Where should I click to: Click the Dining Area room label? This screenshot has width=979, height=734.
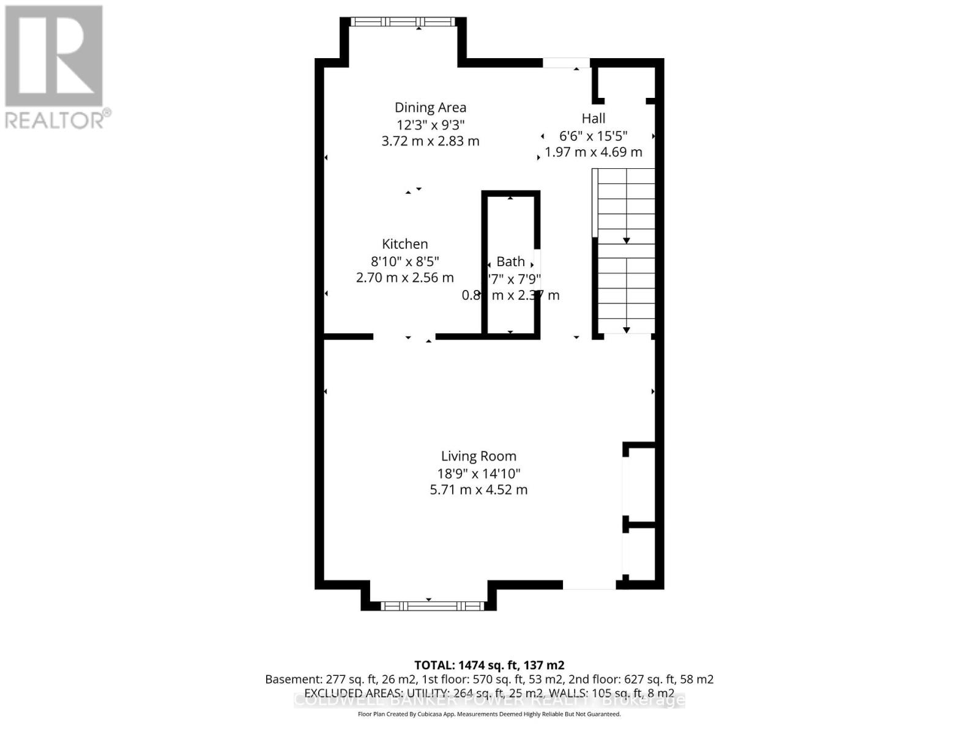[x=430, y=108]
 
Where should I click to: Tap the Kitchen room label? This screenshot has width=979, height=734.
[x=404, y=244]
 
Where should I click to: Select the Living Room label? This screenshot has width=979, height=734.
[x=478, y=456]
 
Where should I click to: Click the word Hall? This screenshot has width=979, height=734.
[x=593, y=119]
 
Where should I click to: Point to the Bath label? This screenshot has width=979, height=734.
[x=510, y=262]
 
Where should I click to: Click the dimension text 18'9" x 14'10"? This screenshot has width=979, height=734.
[x=478, y=473]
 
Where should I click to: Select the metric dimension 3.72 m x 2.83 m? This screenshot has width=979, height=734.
[x=430, y=141]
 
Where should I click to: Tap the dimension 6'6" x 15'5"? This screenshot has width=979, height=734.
[x=593, y=136]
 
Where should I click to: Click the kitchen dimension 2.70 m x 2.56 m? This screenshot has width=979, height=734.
[x=404, y=278]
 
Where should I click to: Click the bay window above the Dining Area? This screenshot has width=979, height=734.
[x=403, y=22]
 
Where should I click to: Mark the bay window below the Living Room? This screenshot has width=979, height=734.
[x=432, y=606]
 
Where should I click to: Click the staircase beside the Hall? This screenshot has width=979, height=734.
[x=625, y=251]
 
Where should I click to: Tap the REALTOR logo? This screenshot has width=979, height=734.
[x=55, y=67]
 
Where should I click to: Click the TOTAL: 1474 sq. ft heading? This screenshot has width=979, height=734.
[x=489, y=665]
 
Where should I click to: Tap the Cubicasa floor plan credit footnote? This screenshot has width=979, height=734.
[x=489, y=714]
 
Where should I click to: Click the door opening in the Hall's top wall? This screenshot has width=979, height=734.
[x=566, y=62]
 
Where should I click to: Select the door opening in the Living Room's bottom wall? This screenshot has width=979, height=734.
[x=589, y=585]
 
